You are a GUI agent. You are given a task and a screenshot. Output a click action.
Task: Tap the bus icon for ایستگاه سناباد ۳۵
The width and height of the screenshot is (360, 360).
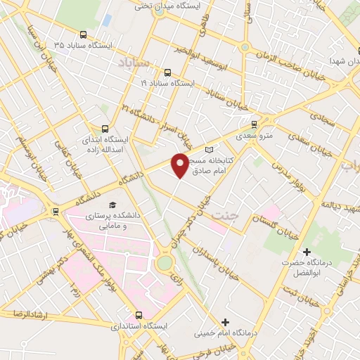[x=84, y=34]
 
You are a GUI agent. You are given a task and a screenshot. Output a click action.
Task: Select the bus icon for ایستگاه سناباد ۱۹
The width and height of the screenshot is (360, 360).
[x=167, y=72]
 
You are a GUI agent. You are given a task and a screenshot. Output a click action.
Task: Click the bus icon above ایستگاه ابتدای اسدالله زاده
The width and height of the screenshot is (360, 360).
[x=105, y=129]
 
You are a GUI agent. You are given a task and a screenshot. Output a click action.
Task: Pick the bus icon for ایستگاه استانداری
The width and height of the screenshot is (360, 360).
[x=139, y=316]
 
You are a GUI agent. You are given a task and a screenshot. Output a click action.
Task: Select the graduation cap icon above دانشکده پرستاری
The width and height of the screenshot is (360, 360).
[x=112, y=205]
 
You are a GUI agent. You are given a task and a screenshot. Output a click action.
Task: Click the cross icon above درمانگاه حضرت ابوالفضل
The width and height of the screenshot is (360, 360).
[x=306, y=251]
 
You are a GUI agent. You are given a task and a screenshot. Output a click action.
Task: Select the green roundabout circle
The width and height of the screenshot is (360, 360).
[x=165, y=263]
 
